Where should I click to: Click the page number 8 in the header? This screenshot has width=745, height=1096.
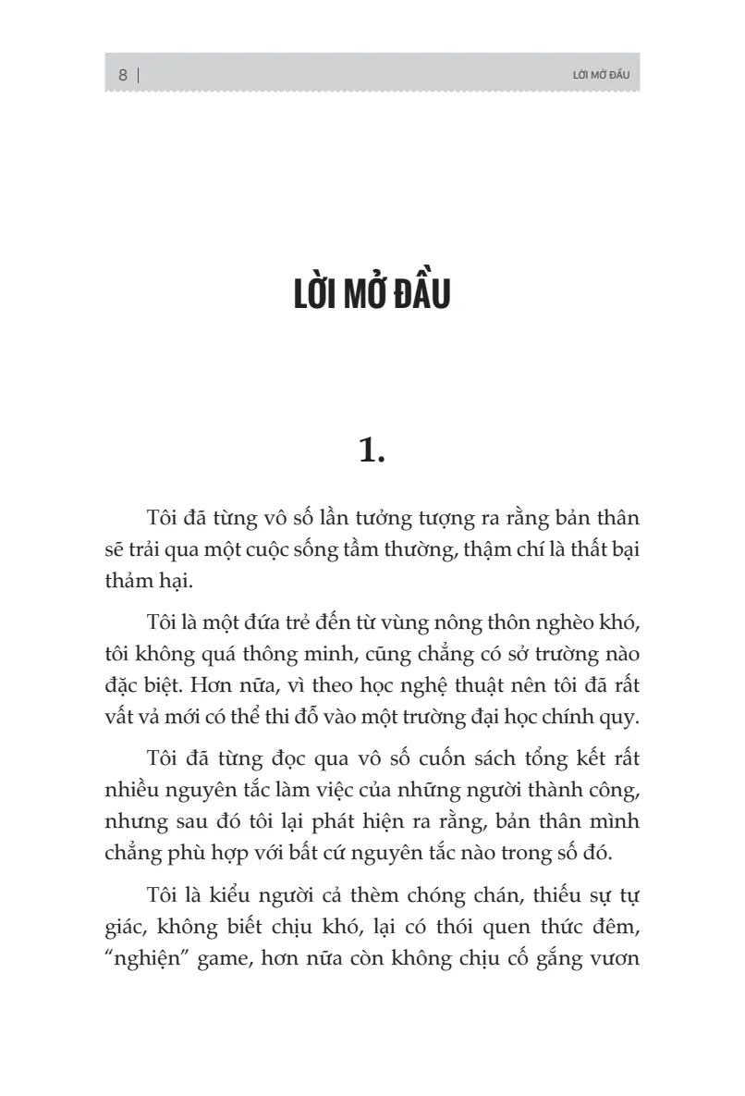coord(123,76)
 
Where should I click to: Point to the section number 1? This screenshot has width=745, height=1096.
coord(371,451)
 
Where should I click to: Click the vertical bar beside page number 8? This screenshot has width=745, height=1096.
coord(139,76)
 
